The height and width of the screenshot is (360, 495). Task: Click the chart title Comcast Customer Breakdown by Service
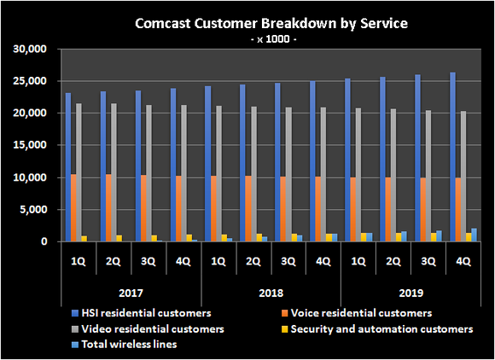click(247, 23)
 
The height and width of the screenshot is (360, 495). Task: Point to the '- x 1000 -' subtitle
click(247, 38)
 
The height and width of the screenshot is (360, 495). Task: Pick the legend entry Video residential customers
click(148, 328)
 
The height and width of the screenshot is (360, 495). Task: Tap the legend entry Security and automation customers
click(381, 328)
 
